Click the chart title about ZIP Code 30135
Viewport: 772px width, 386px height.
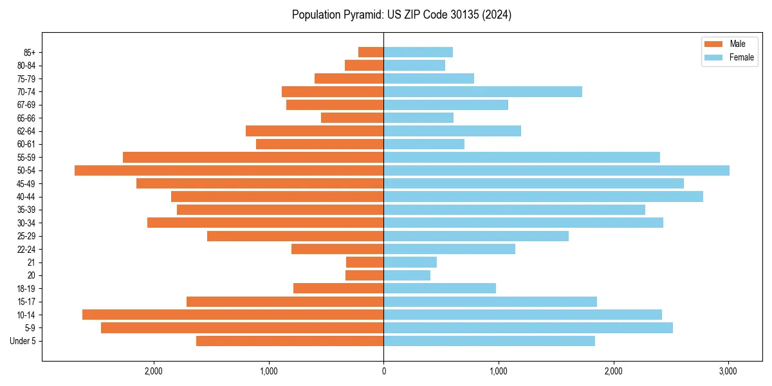[401, 15]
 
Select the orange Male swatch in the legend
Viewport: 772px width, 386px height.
[714, 44]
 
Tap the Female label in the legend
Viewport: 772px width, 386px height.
[741, 57]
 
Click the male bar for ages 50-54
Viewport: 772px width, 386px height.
[229, 170]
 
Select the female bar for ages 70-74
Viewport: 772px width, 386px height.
[482, 92]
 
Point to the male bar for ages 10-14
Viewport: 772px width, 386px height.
[233, 315]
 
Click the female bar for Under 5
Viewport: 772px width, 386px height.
[489, 341]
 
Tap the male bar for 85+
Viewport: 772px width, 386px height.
[371, 52]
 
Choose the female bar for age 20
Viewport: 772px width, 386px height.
[407, 275]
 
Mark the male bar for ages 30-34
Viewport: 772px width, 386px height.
[265, 223]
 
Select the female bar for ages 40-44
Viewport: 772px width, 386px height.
[543, 197]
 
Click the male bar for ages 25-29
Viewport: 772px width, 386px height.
[295, 236]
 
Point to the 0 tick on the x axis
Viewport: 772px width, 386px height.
[383, 371]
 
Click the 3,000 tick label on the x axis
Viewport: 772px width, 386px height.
[728, 371]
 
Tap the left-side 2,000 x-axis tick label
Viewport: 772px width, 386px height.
[154, 371]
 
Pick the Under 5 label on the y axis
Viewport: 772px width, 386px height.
[23, 341]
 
